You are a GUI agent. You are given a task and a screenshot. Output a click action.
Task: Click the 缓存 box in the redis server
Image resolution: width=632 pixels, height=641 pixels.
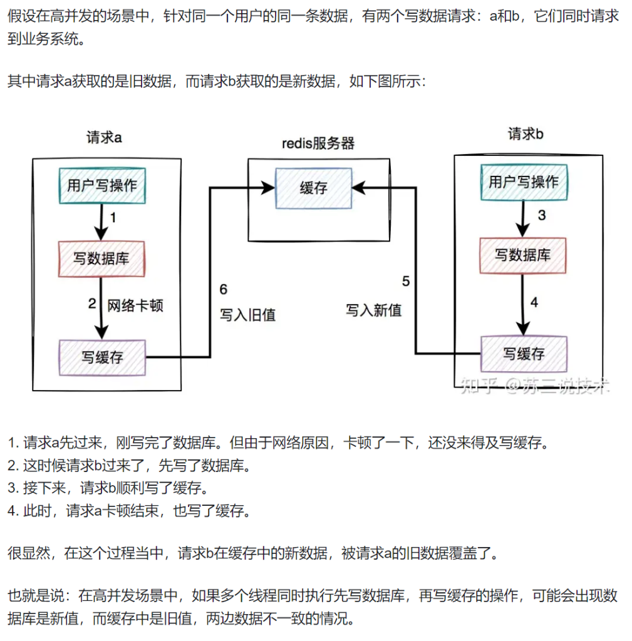(x=314, y=188)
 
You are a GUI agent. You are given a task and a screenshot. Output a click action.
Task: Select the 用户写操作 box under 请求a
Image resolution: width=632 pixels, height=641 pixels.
(x=102, y=185)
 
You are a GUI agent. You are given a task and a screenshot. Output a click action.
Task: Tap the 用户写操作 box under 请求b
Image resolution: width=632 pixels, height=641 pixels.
(x=523, y=182)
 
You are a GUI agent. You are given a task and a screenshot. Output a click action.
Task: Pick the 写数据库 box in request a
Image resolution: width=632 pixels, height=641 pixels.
(x=102, y=258)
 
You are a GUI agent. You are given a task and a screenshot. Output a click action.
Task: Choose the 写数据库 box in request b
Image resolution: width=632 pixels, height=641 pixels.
(x=523, y=255)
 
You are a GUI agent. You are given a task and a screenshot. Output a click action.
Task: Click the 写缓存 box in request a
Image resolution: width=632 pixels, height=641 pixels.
(x=102, y=357)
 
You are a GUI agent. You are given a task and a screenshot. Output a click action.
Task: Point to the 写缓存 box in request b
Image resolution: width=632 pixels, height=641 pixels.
(x=524, y=354)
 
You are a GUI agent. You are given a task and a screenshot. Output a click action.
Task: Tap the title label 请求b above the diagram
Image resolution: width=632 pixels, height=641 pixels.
(x=525, y=134)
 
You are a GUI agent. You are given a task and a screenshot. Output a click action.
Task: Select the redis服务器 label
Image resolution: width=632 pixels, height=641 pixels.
(x=318, y=143)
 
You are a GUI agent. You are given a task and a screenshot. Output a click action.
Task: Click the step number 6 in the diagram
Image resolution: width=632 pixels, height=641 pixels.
(x=224, y=289)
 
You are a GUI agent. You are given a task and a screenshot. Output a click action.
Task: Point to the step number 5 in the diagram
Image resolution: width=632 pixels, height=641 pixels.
(x=405, y=282)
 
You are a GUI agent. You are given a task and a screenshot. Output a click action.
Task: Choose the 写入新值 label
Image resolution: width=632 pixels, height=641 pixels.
(x=374, y=310)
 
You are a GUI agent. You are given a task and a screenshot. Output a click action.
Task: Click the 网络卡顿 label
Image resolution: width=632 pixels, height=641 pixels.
(x=135, y=305)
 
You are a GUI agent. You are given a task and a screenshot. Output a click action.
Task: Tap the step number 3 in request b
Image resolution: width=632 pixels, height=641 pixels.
(x=542, y=216)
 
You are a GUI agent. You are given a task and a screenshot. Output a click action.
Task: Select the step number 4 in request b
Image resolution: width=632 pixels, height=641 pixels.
(x=534, y=302)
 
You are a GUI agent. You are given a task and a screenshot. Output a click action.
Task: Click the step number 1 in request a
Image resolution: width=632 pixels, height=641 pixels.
(x=113, y=218)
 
